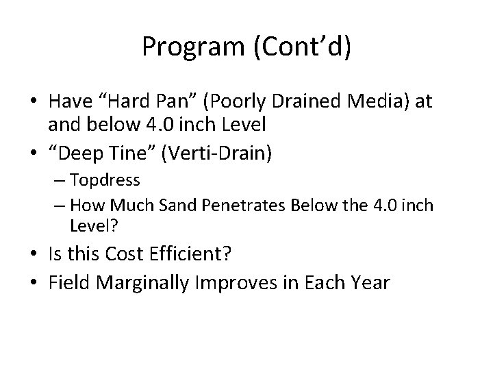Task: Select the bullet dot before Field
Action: point(34,282)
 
